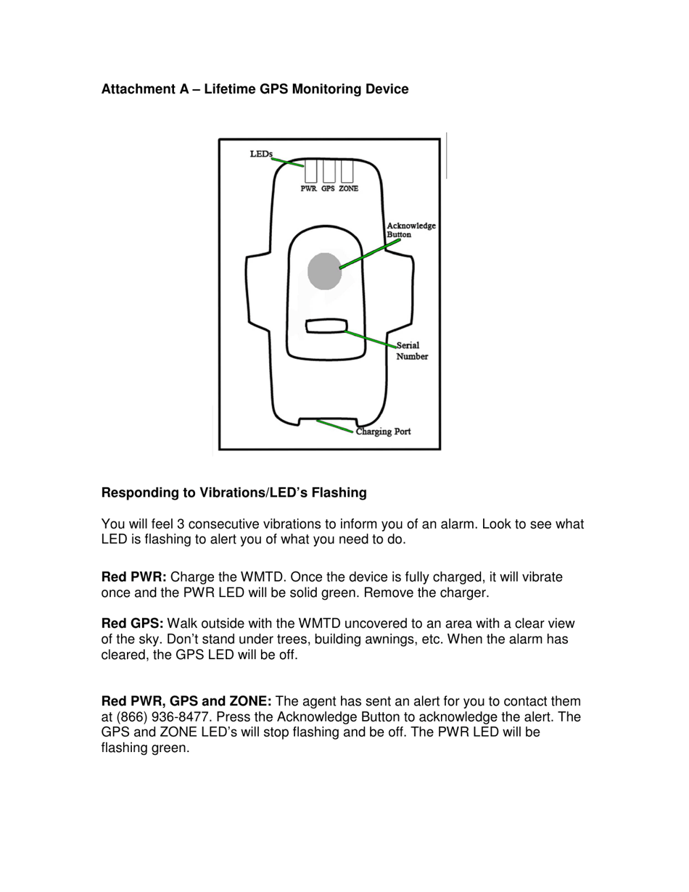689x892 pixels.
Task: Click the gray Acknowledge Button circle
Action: (x=324, y=271)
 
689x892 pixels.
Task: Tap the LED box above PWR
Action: (x=310, y=170)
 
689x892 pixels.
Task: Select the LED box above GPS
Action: (x=329, y=170)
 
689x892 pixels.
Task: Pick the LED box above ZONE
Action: (x=347, y=170)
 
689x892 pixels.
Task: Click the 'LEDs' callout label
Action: (x=260, y=154)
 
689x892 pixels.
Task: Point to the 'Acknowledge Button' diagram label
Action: (x=410, y=230)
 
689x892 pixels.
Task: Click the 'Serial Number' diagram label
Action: (x=411, y=351)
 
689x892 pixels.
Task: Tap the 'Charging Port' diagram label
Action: (x=384, y=431)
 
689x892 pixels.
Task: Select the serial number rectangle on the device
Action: (x=326, y=326)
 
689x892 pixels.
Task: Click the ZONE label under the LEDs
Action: (x=348, y=189)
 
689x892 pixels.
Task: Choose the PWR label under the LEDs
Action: (x=309, y=189)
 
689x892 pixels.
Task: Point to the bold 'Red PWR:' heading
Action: (x=134, y=577)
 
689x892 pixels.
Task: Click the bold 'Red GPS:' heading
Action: (x=133, y=624)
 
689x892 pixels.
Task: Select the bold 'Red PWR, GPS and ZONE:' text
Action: (x=186, y=701)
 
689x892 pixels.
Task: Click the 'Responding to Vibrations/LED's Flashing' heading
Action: (x=234, y=493)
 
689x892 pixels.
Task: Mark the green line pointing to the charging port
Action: (x=334, y=426)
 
